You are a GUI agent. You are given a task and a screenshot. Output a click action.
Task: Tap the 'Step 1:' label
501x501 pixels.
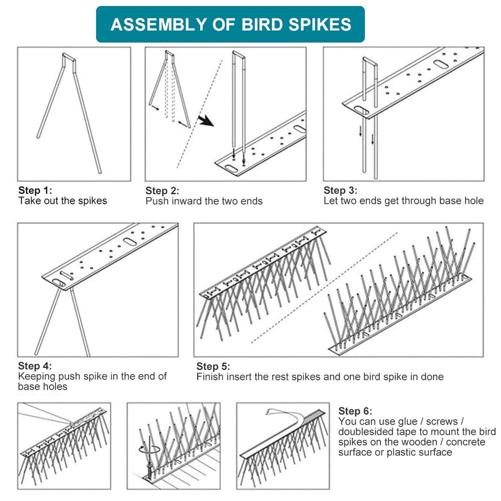[35, 190]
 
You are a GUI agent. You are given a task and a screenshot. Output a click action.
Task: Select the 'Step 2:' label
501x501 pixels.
[162, 191]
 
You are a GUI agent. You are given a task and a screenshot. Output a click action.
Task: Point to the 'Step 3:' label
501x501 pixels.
[340, 190]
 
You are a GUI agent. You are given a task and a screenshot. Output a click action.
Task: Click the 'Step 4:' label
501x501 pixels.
[35, 366]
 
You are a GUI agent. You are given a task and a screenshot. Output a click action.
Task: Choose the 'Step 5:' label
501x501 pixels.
[213, 366]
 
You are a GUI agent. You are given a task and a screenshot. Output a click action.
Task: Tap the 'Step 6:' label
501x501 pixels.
[355, 411]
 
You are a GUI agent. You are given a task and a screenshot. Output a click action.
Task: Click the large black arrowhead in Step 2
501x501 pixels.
[206, 121]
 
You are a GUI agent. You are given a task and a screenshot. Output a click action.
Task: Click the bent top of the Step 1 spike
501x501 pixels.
[69, 57]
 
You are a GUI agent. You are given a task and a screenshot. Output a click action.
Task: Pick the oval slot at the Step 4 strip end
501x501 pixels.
[59, 283]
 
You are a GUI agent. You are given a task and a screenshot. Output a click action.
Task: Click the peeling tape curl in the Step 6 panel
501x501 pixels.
[284, 414]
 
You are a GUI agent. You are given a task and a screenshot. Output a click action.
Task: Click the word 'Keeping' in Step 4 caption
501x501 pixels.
[37, 376]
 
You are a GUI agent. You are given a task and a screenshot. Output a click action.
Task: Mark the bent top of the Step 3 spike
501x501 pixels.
[370, 61]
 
